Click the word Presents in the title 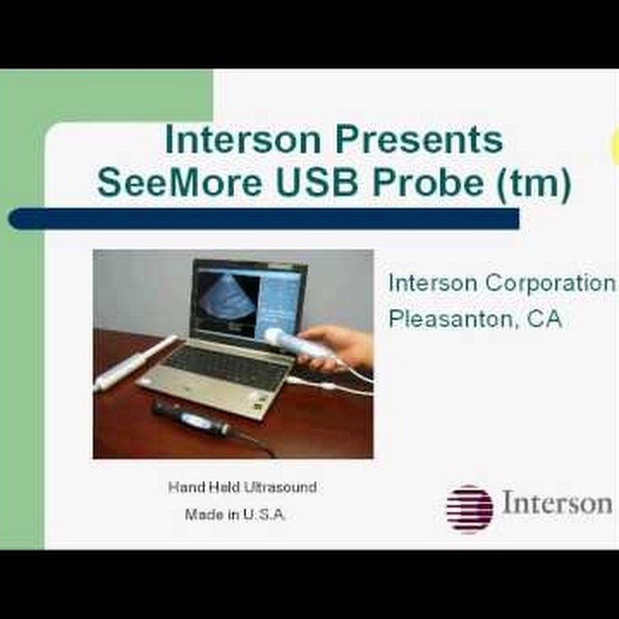(420, 140)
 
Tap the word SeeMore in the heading (180, 183)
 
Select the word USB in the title (317, 183)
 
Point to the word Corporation (550, 283)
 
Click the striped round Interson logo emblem (469, 509)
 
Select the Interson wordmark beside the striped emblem (557, 503)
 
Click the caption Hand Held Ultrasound (242, 487)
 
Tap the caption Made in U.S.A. (235, 514)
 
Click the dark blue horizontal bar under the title (263, 218)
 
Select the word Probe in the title (428, 183)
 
